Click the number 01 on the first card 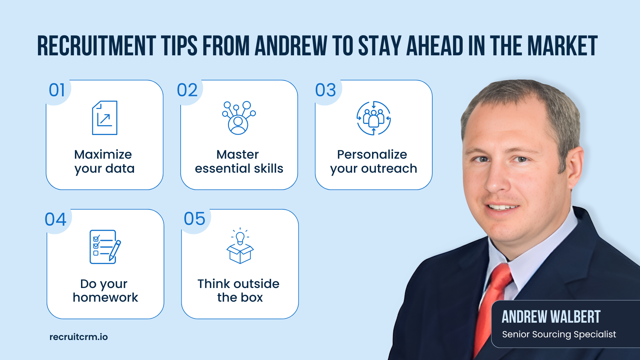(57, 90)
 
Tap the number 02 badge (187, 90)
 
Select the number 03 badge (326, 90)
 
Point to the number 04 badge (56, 220)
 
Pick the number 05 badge (195, 219)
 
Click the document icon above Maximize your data (105, 118)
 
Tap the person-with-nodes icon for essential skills (239, 118)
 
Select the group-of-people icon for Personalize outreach (374, 118)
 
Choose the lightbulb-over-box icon (240, 246)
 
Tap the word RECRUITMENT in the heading (97, 46)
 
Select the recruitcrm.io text (79, 337)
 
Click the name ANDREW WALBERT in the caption (551, 317)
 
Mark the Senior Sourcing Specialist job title (559, 334)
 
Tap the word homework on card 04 (105, 297)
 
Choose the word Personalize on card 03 (372, 154)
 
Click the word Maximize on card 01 (103, 154)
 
